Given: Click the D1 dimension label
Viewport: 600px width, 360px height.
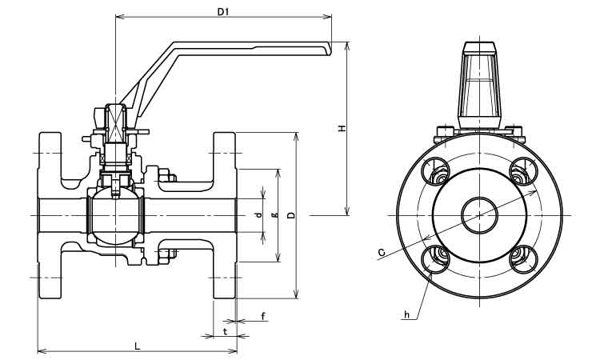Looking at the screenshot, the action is (x=222, y=12).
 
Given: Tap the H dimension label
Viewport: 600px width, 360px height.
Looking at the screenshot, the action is (x=342, y=128).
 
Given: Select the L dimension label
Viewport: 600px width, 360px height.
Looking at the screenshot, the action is (x=138, y=346).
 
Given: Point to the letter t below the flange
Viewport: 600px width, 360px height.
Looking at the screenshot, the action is (x=226, y=331).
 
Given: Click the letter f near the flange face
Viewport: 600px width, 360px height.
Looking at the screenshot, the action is (x=263, y=316).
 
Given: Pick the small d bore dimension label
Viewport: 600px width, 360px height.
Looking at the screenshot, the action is (x=259, y=215).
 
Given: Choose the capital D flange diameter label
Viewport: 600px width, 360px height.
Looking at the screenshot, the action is (x=291, y=215).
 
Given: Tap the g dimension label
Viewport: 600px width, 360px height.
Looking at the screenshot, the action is (x=274, y=215).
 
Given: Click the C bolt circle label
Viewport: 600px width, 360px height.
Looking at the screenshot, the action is (x=381, y=253).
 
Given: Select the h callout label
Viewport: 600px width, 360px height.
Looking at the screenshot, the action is (x=406, y=315).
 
